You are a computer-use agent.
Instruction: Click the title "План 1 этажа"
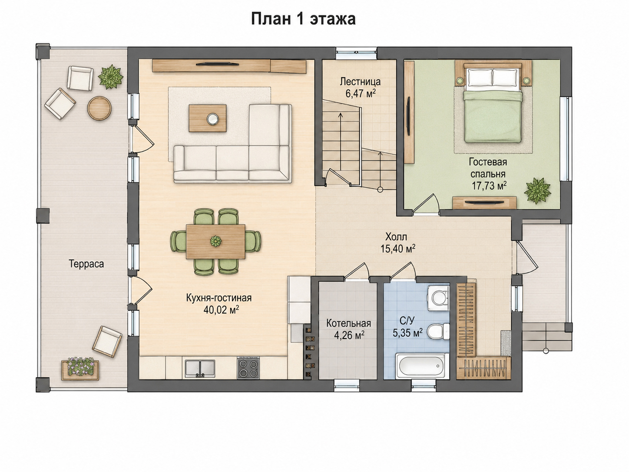click(304, 19)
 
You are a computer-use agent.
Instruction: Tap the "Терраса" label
click(86, 264)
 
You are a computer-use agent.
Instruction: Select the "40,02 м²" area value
click(221, 310)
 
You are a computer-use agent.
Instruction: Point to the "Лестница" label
click(360, 82)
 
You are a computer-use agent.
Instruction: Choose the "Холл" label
click(396, 237)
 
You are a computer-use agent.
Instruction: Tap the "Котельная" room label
click(349, 323)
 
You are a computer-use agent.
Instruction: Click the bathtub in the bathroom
click(422, 366)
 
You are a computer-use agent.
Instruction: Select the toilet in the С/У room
click(438, 332)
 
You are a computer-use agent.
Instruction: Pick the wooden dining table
click(215, 242)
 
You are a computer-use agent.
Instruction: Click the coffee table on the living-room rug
click(208, 118)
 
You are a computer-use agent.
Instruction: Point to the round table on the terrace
click(99, 108)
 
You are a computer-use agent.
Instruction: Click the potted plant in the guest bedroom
click(537, 190)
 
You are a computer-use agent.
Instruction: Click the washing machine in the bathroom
click(438, 298)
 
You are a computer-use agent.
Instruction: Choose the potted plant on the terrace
click(111, 77)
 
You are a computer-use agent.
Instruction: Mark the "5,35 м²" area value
click(407, 333)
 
